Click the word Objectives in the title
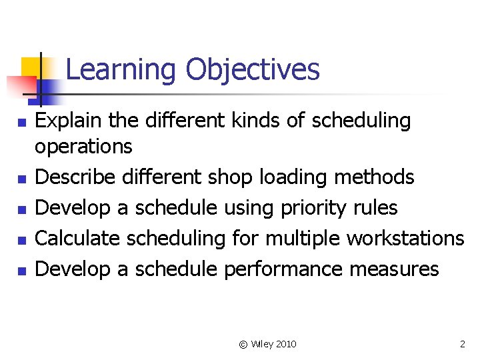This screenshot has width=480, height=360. click(x=253, y=70)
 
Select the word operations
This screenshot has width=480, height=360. click(x=83, y=147)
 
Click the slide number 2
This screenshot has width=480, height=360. click(x=462, y=344)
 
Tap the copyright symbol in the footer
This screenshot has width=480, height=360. click(x=243, y=344)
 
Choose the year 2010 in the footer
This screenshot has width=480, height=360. click(x=286, y=344)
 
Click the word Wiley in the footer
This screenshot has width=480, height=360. click(x=262, y=344)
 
